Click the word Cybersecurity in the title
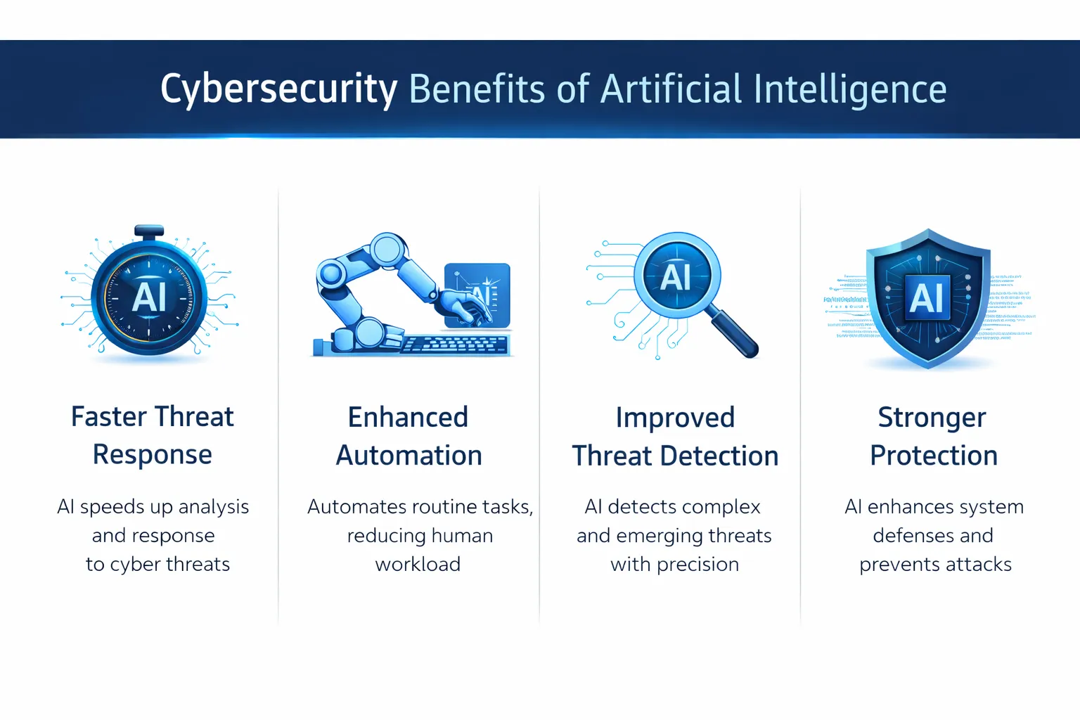pos(278,90)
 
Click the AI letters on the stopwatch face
pos(149,297)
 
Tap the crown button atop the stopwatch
pos(149,231)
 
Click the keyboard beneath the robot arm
pos(454,345)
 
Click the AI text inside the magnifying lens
pos(676,277)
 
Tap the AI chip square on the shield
pos(926,297)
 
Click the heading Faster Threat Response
pos(152,435)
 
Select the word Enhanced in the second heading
pos(408,418)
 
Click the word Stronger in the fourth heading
pos(932,418)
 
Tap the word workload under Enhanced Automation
pos(418,565)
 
